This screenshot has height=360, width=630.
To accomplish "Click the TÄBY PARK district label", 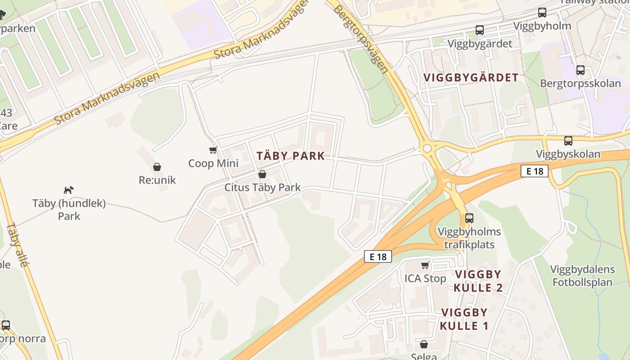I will click(x=290, y=156).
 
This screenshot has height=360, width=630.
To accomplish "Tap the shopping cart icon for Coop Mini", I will click(x=213, y=150).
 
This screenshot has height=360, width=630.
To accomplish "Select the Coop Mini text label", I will click(x=213, y=163).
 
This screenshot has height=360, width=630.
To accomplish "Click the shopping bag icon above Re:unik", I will click(x=157, y=167).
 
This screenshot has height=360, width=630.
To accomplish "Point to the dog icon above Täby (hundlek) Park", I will click(x=68, y=190).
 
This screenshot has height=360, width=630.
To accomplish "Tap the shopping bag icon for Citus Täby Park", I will click(x=262, y=174).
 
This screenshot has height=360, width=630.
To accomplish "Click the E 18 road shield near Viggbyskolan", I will click(x=534, y=171).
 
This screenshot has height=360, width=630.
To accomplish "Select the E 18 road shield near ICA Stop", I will click(x=378, y=256).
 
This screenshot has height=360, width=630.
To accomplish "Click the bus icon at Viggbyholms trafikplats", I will click(x=469, y=218).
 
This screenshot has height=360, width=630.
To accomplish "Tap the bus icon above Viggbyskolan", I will click(x=568, y=140).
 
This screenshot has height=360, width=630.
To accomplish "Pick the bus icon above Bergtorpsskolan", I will click(x=580, y=70).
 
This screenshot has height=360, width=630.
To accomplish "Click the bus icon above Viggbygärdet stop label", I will click(x=480, y=30).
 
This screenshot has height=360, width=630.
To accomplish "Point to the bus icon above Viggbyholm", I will click(x=542, y=13).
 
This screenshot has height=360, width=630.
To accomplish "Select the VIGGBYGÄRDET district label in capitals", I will click(x=471, y=77).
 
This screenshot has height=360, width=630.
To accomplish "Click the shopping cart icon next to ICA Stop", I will click(x=425, y=265).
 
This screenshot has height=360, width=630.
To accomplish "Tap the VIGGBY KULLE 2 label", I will click(x=478, y=281).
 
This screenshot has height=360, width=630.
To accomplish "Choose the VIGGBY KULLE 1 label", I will click(x=464, y=319).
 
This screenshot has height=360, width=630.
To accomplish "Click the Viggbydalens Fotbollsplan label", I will click(x=582, y=276).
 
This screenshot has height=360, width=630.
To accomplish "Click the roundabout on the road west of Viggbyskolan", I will click(x=427, y=148).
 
